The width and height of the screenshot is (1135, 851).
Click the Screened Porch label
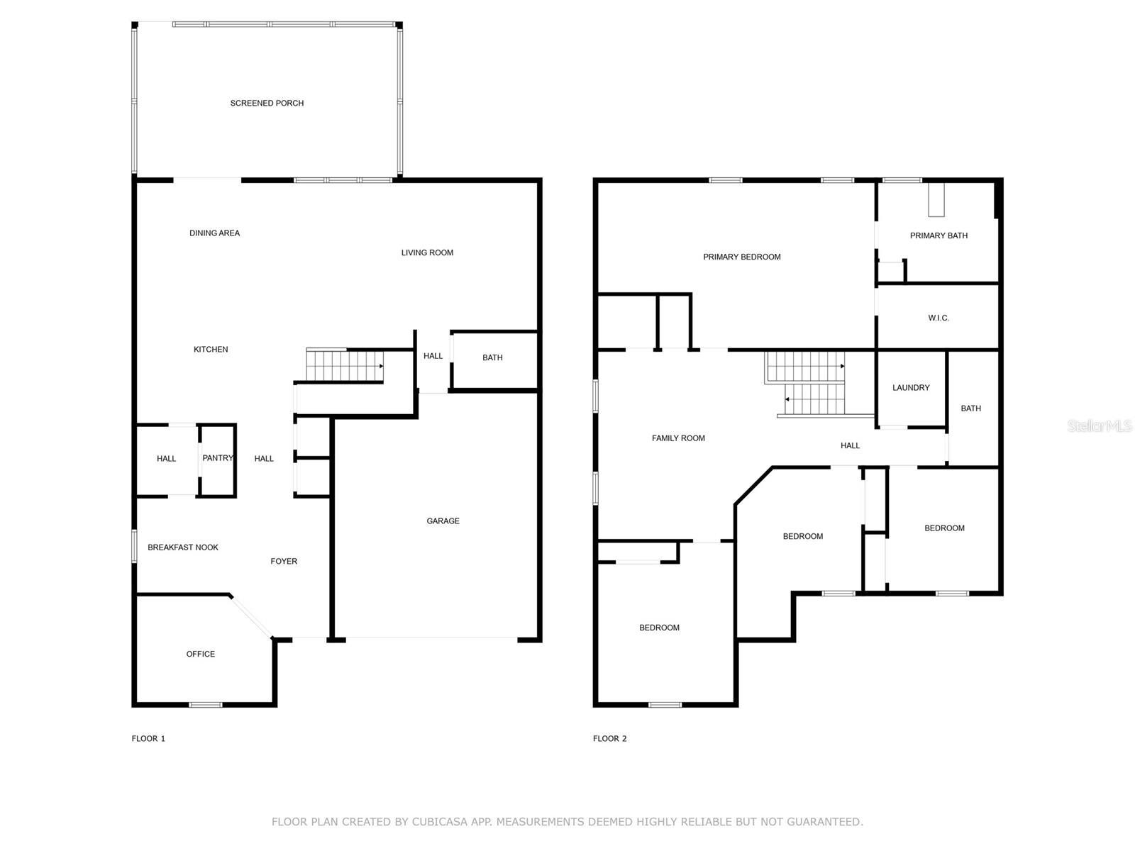pos(267,104)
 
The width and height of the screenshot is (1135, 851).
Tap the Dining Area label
pos(215,233)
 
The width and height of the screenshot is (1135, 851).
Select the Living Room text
pos(427,252)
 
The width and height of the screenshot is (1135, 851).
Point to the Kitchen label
pos(211,350)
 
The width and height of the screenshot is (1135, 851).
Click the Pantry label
pos(218,458)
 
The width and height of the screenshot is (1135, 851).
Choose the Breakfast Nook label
pos(183,547)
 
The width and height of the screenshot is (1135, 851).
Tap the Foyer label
pos(284,561)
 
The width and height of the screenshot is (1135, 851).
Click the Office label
pos(201,654)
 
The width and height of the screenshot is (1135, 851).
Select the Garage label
pos(443,521)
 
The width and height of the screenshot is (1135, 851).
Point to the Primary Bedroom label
pos(742,257)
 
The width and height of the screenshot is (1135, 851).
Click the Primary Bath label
pos(939,235)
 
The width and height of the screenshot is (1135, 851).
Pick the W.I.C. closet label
pos(939,318)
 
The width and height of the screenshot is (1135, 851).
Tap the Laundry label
pos(911,387)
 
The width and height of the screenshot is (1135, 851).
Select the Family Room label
pos(678,438)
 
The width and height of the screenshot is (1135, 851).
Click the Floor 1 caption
pos(148,738)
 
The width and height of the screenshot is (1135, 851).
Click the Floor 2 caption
pos(609,738)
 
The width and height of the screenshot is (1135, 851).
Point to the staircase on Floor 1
pos(344,365)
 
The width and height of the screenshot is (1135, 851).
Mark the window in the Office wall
pos(205,705)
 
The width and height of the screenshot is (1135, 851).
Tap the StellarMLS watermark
pos(1100,425)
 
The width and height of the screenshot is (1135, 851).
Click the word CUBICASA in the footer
pos(440,821)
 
